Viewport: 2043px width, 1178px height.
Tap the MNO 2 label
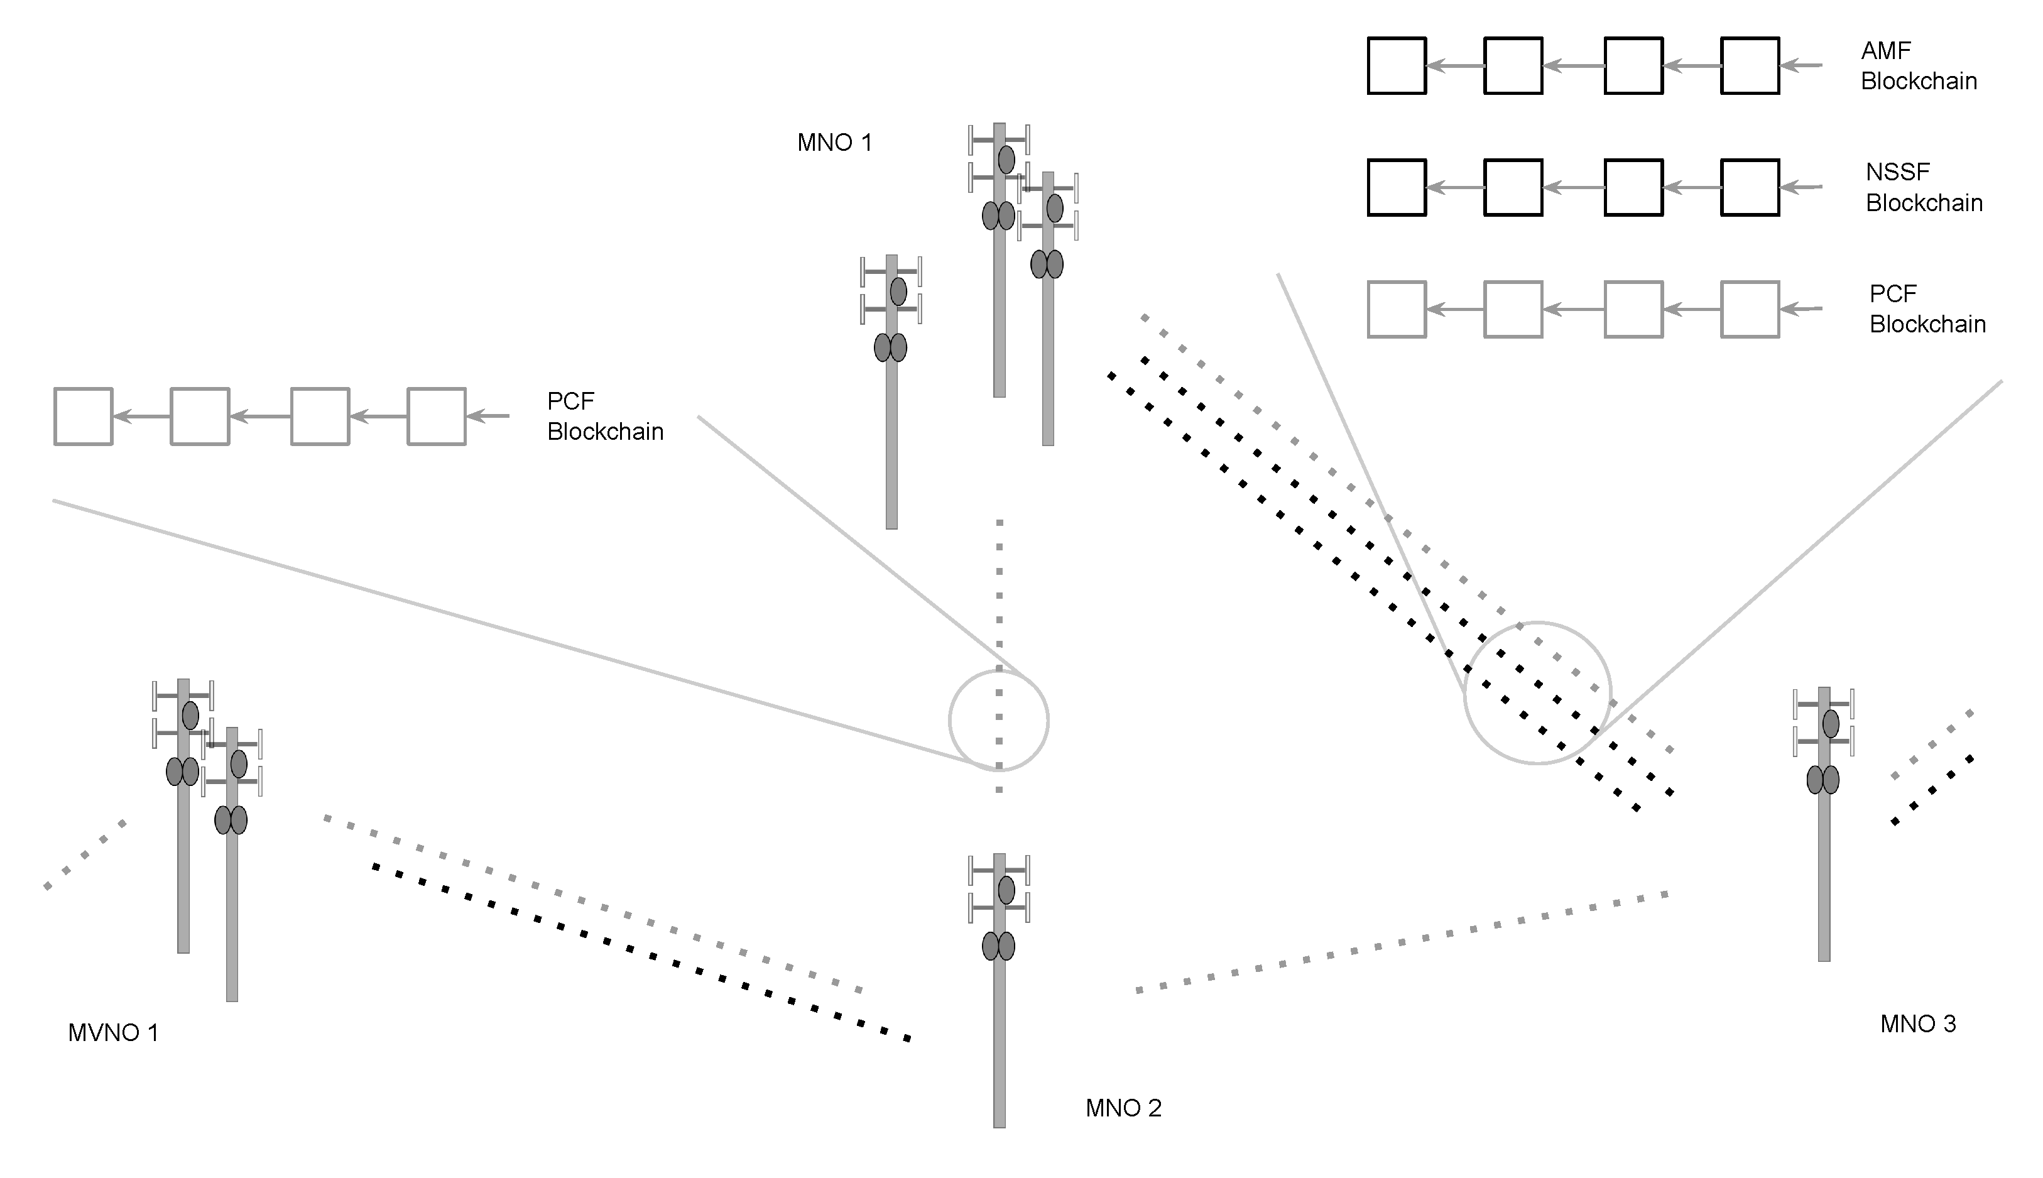(1123, 1108)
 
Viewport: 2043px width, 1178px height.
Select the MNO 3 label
(1917, 1024)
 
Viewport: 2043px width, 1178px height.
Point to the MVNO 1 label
(113, 1033)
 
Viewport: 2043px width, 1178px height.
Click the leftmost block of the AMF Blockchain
(1396, 65)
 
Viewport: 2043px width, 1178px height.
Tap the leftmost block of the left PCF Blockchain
(84, 417)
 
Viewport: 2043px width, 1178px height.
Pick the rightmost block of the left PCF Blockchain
(436, 417)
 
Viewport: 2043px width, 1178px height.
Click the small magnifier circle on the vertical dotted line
(998, 720)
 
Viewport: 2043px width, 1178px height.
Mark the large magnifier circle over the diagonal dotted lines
(1537, 692)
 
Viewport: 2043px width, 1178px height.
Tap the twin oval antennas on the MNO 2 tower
(998, 946)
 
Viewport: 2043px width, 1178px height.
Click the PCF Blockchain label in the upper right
(1927, 309)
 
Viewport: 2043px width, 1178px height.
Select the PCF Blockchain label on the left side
(604, 417)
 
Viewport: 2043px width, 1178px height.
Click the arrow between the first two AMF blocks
(1454, 65)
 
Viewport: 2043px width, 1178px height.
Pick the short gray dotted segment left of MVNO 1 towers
(84, 856)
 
